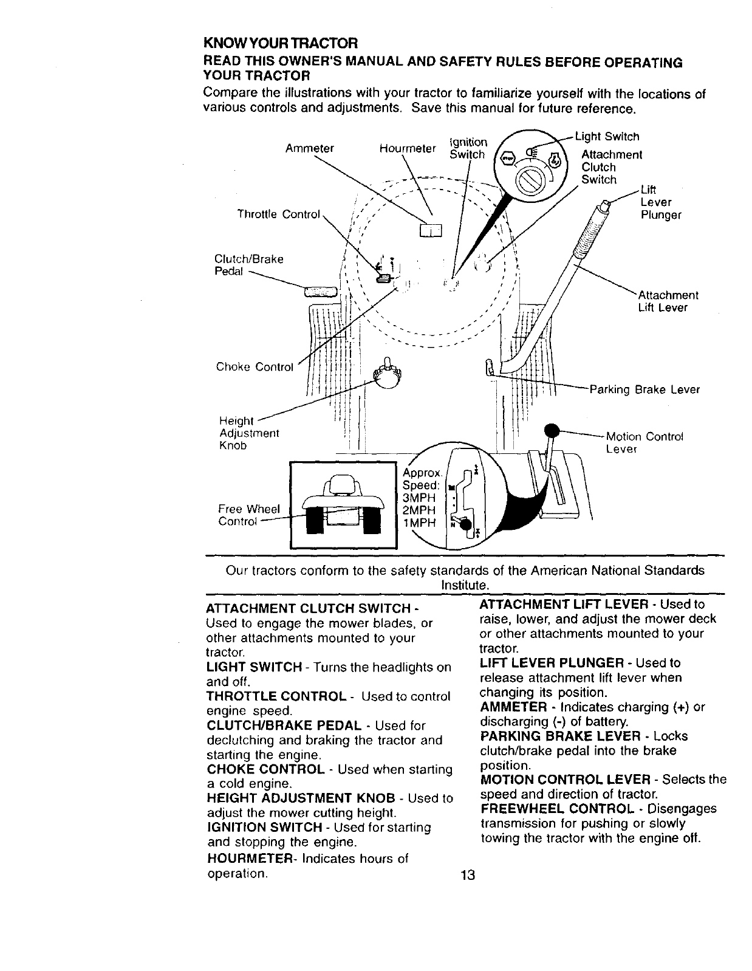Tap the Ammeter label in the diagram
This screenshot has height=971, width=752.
(x=310, y=148)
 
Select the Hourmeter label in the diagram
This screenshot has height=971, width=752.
(x=408, y=148)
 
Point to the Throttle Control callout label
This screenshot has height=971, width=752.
(x=278, y=214)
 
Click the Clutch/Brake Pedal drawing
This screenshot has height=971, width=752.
(x=320, y=292)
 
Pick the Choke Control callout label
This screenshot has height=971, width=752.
(x=255, y=367)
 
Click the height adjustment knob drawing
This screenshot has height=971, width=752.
(x=387, y=375)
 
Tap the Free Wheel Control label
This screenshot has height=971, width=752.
(x=249, y=515)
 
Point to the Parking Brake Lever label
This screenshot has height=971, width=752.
(x=644, y=389)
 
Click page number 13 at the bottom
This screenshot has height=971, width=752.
(x=467, y=876)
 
